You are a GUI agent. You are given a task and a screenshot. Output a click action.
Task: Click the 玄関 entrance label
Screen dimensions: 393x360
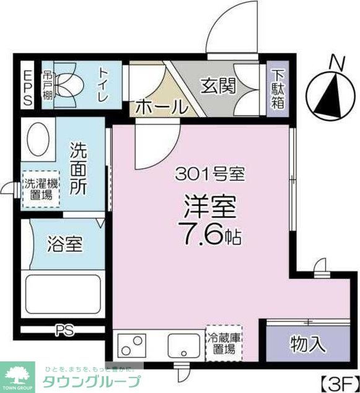click(218, 86)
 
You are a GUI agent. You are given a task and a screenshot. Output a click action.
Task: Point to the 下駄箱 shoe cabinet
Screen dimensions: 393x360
click(277, 89)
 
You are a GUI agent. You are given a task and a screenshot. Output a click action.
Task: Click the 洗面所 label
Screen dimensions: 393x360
click(79, 169)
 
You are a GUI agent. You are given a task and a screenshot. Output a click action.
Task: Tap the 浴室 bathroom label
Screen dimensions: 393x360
click(64, 244)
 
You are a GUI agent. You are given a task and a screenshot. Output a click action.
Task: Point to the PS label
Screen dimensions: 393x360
click(62, 329)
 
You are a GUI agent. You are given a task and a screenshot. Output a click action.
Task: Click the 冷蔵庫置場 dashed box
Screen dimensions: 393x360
click(223, 343)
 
